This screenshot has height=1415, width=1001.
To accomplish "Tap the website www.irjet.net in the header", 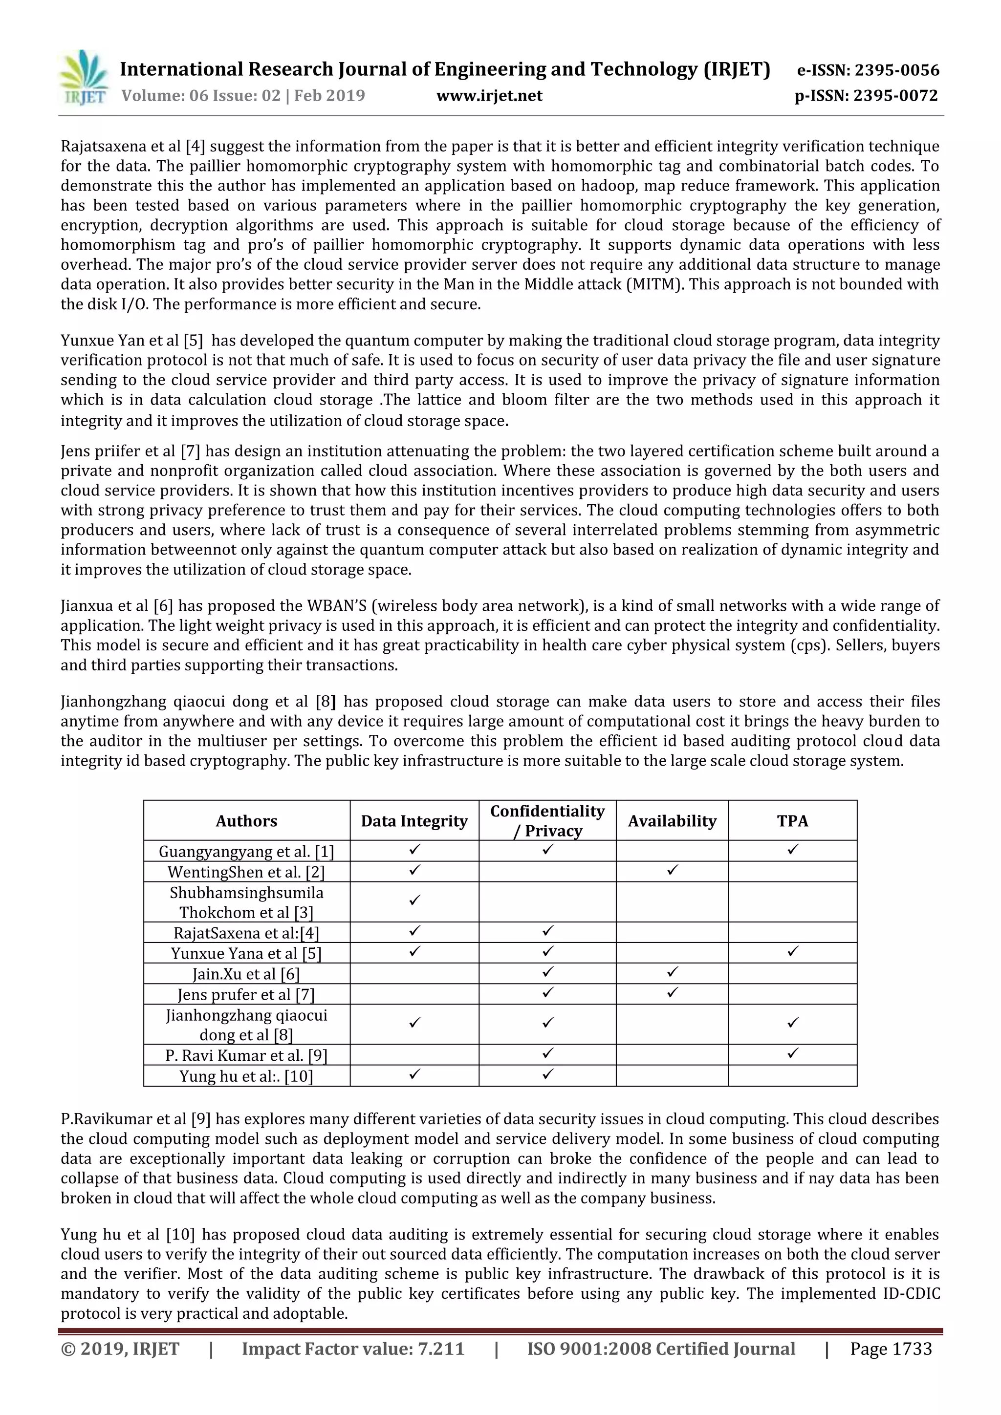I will click(x=489, y=96).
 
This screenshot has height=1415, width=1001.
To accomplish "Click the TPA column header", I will click(x=792, y=821).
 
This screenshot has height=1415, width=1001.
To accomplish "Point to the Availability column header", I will click(x=672, y=821).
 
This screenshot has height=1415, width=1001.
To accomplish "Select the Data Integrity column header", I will click(x=414, y=821).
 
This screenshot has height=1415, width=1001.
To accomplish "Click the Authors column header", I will click(x=246, y=821).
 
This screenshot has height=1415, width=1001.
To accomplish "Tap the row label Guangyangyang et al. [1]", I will click(x=246, y=852).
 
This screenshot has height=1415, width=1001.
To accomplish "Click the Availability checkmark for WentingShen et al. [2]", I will click(x=673, y=870).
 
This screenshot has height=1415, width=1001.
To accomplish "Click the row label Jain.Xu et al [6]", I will click(x=246, y=974).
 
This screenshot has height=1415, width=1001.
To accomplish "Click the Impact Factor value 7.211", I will click(x=441, y=1349).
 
